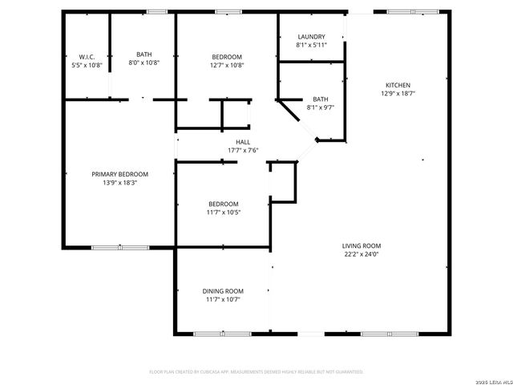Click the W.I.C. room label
(x=87, y=56)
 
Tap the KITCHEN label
(x=398, y=85)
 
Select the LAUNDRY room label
(x=311, y=37)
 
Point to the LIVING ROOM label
(x=361, y=246)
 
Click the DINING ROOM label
(x=223, y=291)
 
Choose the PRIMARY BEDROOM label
(x=119, y=174)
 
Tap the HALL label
(x=242, y=142)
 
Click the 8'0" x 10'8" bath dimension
(x=143, y=63)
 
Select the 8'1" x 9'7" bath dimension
(x=320, y=107)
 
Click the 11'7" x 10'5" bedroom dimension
(x=223, y=212)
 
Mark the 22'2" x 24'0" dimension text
(x=361, y=254)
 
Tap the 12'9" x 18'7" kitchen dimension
(x=398, y=93)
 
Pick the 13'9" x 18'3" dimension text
(x=119, y=182)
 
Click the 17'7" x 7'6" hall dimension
(x=242, y=150)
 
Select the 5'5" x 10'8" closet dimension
(x=87, y=64)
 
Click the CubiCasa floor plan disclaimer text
(x=256, y=371)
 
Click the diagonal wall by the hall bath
(x=289, y=110)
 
